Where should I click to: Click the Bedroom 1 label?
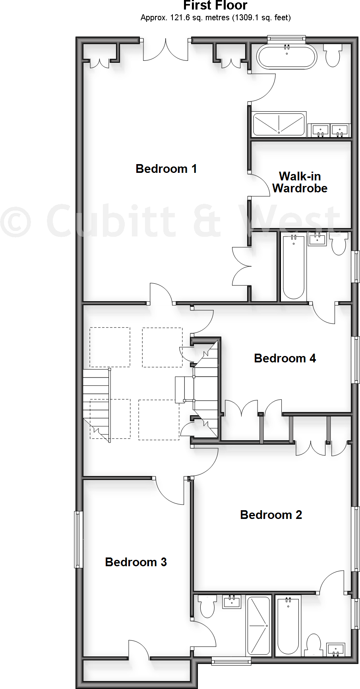(166, 169)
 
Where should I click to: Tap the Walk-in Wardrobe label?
(300, 182)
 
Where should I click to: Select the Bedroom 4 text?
(285, 358)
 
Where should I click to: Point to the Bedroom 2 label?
(271, 515)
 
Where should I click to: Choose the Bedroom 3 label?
(135, 562)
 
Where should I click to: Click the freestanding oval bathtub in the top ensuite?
(287, 57)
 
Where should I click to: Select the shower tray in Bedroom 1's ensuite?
(279, 124)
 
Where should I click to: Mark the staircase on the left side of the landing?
(96, 403)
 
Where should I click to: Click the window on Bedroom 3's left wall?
(79, 539)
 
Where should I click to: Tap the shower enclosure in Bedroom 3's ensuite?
(259, 625)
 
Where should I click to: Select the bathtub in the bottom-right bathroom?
(288, 625)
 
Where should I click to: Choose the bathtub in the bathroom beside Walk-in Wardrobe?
(294, 267)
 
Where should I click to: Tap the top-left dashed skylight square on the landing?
(110, 347)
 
